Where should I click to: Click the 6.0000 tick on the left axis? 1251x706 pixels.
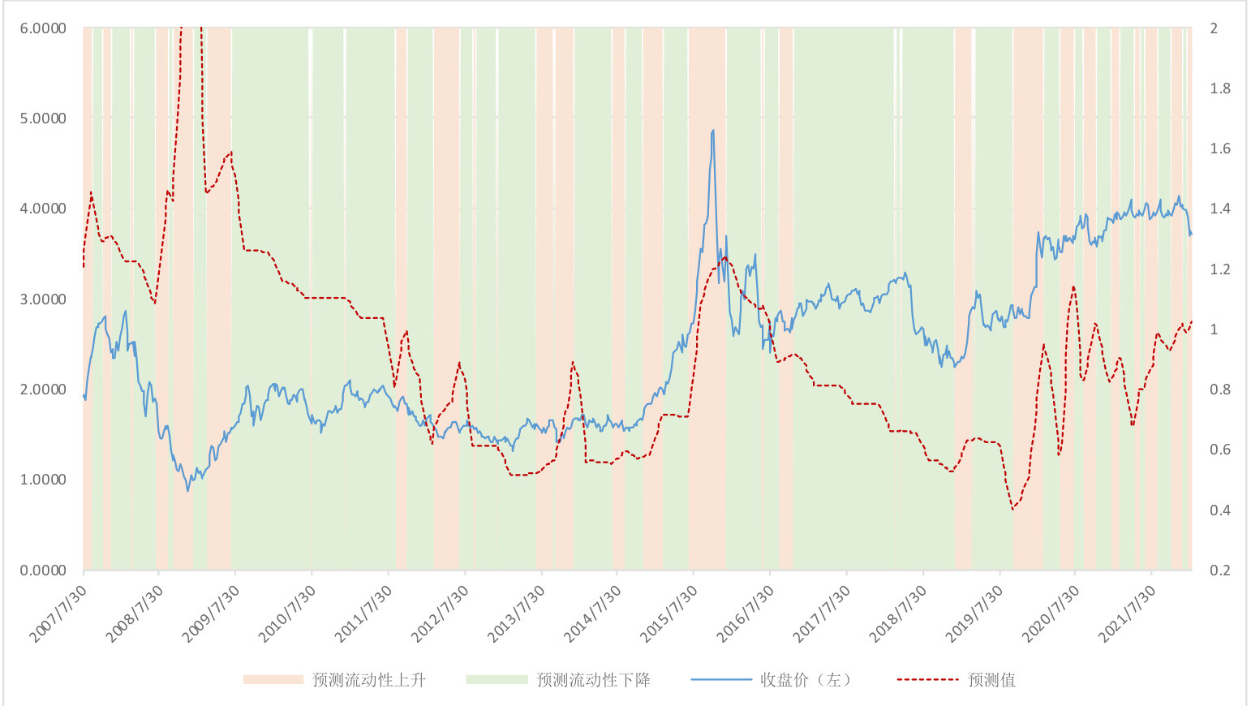(42, 28)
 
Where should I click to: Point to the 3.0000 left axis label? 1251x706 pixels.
(42, 299)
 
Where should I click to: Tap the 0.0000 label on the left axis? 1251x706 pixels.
(42, 570)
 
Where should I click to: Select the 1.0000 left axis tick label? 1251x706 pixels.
(42, 480)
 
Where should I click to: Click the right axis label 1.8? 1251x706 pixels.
(1220, 88)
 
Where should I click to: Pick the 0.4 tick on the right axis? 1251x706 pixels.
(1220, 510)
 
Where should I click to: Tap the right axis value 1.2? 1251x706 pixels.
(1220, 269)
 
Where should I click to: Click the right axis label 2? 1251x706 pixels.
(1214, 28)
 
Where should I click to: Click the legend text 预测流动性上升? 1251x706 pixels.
(369, 680)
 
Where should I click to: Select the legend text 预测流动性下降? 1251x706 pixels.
(593, 680)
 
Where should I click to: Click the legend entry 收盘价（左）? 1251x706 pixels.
(805, 680)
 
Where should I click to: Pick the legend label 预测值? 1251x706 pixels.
(991, 680)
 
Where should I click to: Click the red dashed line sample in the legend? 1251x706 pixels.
(928, 680)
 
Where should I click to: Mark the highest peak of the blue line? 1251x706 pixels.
(713, 131)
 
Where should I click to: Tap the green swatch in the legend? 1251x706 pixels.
(497, 680)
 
